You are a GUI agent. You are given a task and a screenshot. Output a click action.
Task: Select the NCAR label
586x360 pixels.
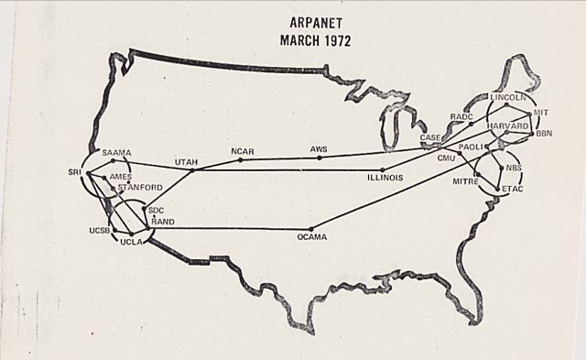[x=244, y=150]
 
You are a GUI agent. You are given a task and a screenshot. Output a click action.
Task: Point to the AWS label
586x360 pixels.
[x=319, y=148]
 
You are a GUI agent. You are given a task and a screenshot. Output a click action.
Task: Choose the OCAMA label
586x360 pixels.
[x=311, y=237]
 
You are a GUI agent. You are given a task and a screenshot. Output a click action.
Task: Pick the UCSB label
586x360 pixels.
[x=100, y=230]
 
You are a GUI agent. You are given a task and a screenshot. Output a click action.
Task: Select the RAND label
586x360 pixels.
[x=163, y=221]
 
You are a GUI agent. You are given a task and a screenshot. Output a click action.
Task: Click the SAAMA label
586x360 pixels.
[x=118, y=151]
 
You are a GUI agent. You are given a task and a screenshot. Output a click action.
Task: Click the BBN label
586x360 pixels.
[x=545, y=134]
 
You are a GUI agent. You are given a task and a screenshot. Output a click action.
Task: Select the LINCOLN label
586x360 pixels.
[x=508, y=96]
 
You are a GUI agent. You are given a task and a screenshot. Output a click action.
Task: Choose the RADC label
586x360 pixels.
[x=461, y=117]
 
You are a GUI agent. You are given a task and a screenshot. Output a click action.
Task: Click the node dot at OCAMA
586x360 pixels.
[x=311, y=228]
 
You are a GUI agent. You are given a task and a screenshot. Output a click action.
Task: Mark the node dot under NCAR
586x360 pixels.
[x=241, y=159]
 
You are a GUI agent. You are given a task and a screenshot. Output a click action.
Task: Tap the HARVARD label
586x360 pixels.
[x=507, y=125]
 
